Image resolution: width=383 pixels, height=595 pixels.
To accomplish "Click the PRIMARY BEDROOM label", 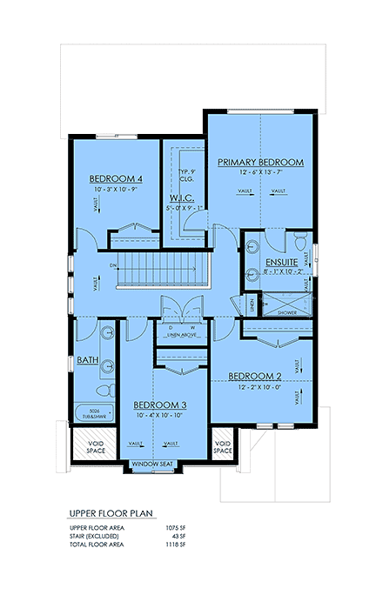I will coord(260,163).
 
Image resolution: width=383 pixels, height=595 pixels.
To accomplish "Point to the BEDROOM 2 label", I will coord(256,376).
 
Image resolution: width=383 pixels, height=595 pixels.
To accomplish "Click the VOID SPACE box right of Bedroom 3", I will coord(224,448).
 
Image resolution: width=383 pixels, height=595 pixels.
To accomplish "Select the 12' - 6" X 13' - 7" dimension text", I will coord(260,172).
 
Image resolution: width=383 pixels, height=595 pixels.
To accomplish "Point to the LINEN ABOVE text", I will coord(179,334).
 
